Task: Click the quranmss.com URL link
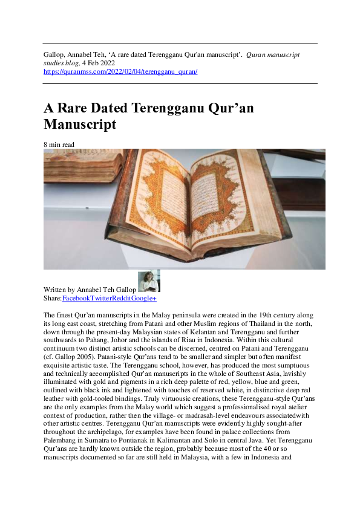[x=120, y=71]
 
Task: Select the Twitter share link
[x=102, y=299]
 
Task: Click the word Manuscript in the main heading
[x=80, y=125]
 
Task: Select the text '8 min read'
[x=59, y=144]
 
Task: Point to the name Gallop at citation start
[x=54, y=54]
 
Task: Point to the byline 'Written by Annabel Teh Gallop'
[x=90, y=290]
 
